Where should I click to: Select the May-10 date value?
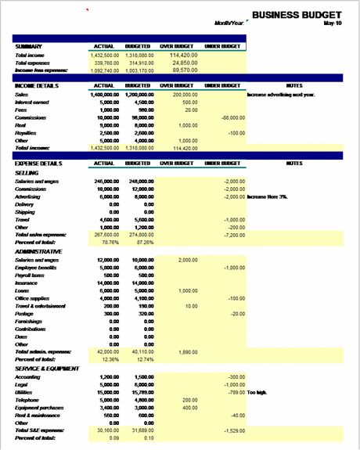tap(332, 23)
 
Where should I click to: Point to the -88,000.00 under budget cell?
tap(232, 117)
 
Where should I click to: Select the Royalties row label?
tap(27, 132)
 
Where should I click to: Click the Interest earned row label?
tap(33, 102)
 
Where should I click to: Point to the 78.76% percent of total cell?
tap(108, 242)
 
